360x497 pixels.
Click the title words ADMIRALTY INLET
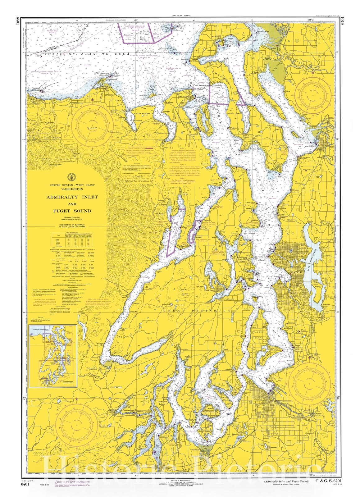[x=72, y=197]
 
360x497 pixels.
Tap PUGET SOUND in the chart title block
[x=72, y=211]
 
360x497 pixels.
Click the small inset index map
[x=52, y=356]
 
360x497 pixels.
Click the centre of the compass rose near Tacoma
[x=309, y=385]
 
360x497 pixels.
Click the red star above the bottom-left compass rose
[x=76, y=399]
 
